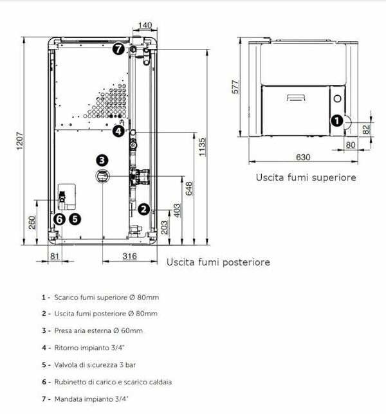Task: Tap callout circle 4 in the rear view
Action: pyautogui.click(x=118, y=131)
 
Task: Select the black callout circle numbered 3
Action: pyautogui.click(x=102, y=159)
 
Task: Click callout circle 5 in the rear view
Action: pyautogui.click(x=76, y=219)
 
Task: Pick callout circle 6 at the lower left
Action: pyautogui.click(x=60, y=219)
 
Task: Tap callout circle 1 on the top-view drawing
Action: pyautogui.click(x=336, y=120)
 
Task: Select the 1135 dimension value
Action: pyautogui.click(x=203, y=147)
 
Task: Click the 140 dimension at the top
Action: pyautogui.click(x=145, y=25)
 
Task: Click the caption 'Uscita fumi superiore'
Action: pyautogui.click(x=305, y=177)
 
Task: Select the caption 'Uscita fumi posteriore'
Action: pyautogui.click(x=218, y=262)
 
